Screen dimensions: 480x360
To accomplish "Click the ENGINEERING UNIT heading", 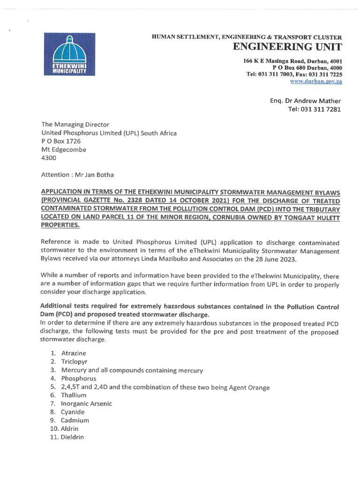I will [287, 47].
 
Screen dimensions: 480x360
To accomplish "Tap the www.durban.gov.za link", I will [316, 81].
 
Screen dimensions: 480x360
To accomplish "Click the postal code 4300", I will [49, 158].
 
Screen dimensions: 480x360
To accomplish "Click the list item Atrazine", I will [74, 353].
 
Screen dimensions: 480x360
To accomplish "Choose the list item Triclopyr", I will [75, 361].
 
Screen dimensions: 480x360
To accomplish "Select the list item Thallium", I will [74, 395].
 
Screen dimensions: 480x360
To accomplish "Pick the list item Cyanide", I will [73, 412].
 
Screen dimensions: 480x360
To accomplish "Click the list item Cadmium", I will [75, 420].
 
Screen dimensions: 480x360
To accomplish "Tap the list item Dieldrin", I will [73, 437].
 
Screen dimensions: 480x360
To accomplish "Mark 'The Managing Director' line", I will [75, 125].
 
